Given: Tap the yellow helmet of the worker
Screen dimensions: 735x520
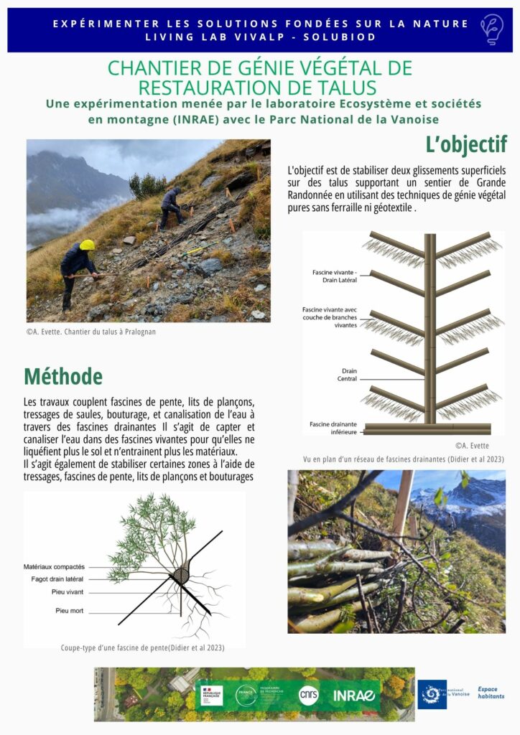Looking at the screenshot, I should pos(87,245).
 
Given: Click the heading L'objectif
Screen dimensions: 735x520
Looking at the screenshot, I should pos(465,144).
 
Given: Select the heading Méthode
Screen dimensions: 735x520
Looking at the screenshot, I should pos(63,376).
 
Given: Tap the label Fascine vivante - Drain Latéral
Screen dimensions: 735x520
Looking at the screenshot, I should pos(335,276).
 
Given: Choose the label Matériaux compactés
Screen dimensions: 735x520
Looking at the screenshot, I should pos(64,567).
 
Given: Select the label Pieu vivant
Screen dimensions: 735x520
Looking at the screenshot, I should pos(68,592).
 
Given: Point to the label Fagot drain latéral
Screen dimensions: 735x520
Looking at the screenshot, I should pos(57,579).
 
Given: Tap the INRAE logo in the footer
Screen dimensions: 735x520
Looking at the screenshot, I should pos(354,695).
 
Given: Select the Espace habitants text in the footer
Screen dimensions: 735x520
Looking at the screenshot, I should pos(491,693).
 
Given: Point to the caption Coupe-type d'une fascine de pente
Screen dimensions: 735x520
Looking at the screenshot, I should pos(143,647).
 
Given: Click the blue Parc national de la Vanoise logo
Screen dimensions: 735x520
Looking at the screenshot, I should pos(432,694).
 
